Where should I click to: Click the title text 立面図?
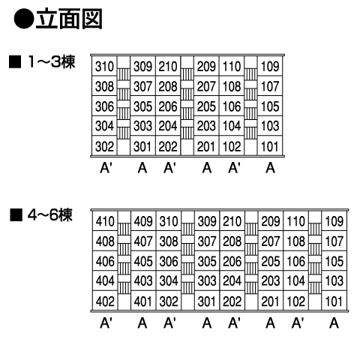coord(69,19)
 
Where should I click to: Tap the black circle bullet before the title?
coord(24,19)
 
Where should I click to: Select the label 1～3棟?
coord(52,61)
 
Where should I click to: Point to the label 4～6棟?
coord(50,214)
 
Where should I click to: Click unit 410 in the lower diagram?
coord(105,221)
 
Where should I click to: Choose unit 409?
coord(143,221)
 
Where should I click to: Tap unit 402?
coord(105,301)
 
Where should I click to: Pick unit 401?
coord(142,301)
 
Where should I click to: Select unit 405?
coord(143,261)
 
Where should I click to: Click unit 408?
coord(105,241)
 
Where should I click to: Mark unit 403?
coord(143,280)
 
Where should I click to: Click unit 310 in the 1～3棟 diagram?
coord(104,66)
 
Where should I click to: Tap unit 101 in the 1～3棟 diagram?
coord(269,146)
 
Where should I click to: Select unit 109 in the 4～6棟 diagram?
coord(334,221)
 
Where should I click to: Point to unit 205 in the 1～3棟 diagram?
coord(206,106)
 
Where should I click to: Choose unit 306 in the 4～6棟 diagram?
coord(169,261)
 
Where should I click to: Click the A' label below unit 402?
coord(106,323)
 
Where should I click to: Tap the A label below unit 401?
coord(142,323)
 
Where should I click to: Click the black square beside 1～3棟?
coord(15,61)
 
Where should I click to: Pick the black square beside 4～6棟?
coord(16,215)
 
